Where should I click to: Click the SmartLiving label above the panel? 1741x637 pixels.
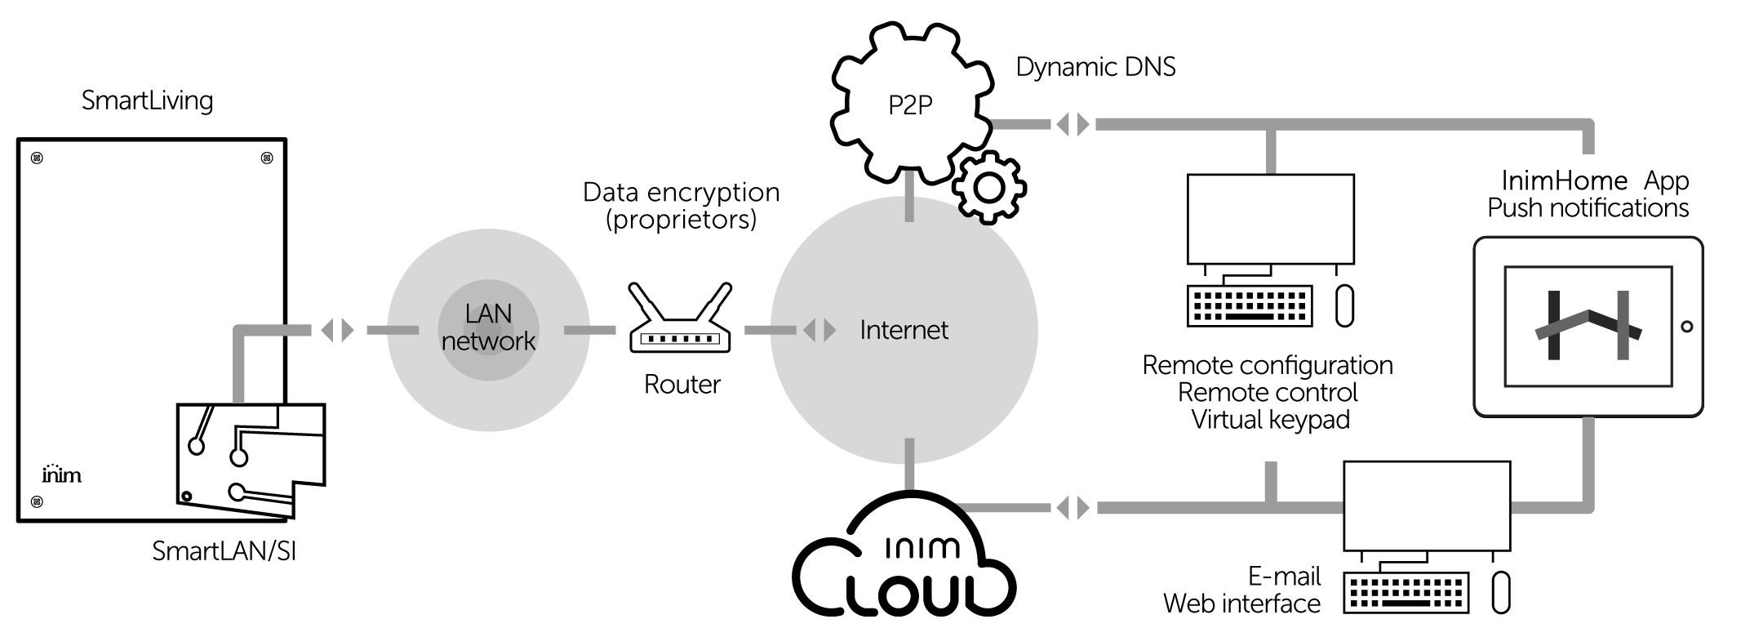pos(147,100)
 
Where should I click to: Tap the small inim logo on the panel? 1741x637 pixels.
pos(61,474)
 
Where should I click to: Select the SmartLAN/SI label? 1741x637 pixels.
pos(224,551)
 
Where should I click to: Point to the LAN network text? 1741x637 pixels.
pos(488,327)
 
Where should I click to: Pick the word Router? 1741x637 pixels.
pos(682,384)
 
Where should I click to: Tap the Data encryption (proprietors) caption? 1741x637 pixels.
pos(681,205)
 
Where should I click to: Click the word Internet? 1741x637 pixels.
pos(904,330)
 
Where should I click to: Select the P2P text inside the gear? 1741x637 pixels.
pos(909,105)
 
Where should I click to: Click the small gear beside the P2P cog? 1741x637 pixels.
pos(988,188)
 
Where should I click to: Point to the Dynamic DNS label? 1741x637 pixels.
pos(1095,67)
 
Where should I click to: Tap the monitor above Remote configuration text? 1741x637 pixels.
pos(1270,219)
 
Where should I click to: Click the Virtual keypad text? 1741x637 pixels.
pos(1270,420)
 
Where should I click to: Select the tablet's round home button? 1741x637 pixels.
pos(1686,327)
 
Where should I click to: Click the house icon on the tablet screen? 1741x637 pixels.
pos(1588,326)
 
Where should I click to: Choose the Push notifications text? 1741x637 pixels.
pos(1588,208)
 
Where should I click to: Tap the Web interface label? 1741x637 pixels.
pos(1241,604)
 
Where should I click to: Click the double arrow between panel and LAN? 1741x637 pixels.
pos(337,330)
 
